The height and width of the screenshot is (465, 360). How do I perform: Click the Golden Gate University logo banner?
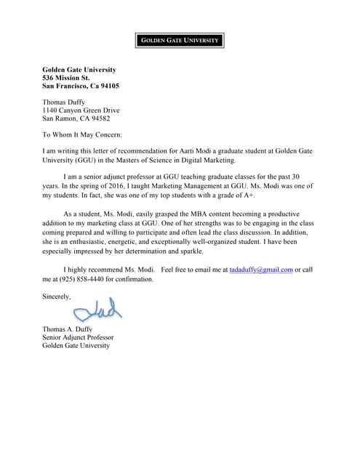click(179, 41)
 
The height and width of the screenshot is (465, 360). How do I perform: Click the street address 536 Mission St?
click(66, 78)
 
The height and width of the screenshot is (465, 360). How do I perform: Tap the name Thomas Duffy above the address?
click(64, 102)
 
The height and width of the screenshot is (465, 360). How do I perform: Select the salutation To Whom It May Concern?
click(82, 134)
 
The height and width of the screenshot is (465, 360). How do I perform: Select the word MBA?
click(177, 215)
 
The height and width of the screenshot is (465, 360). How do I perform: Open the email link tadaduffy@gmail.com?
click(260, 270)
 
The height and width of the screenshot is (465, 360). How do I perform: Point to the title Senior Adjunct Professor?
click(78, 337)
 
